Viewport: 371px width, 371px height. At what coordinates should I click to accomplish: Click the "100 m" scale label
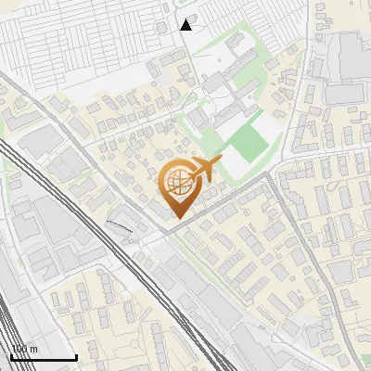coord(24,350)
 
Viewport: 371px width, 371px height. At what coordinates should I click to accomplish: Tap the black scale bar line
coord(43,358)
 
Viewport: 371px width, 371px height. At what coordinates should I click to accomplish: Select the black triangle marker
coord(186,24)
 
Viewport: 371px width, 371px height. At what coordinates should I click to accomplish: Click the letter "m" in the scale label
coord(33,350)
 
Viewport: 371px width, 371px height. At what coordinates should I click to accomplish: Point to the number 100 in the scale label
coord(19,350)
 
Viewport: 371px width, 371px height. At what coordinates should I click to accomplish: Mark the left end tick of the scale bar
coord(10,356)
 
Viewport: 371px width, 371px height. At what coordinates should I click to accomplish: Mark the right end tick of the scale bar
coord(76,356)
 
